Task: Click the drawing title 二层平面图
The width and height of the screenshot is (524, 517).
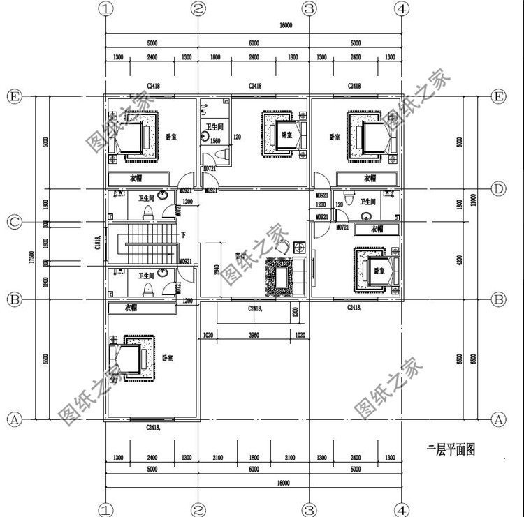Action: (x=451, y=449)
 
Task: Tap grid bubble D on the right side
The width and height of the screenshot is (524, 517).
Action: (x=498, y=188)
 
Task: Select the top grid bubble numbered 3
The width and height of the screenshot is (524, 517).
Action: (x=309, y=9)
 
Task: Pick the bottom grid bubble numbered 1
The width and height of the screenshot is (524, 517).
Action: (x=105, y=509)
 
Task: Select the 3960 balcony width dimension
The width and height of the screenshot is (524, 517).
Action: (x=254, y=335)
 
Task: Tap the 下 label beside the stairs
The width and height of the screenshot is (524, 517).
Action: (x=182, y=235)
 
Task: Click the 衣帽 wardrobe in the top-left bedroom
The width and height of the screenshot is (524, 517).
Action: (x=136, y=178)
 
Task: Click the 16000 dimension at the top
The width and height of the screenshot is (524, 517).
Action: (x=285, y=25)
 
